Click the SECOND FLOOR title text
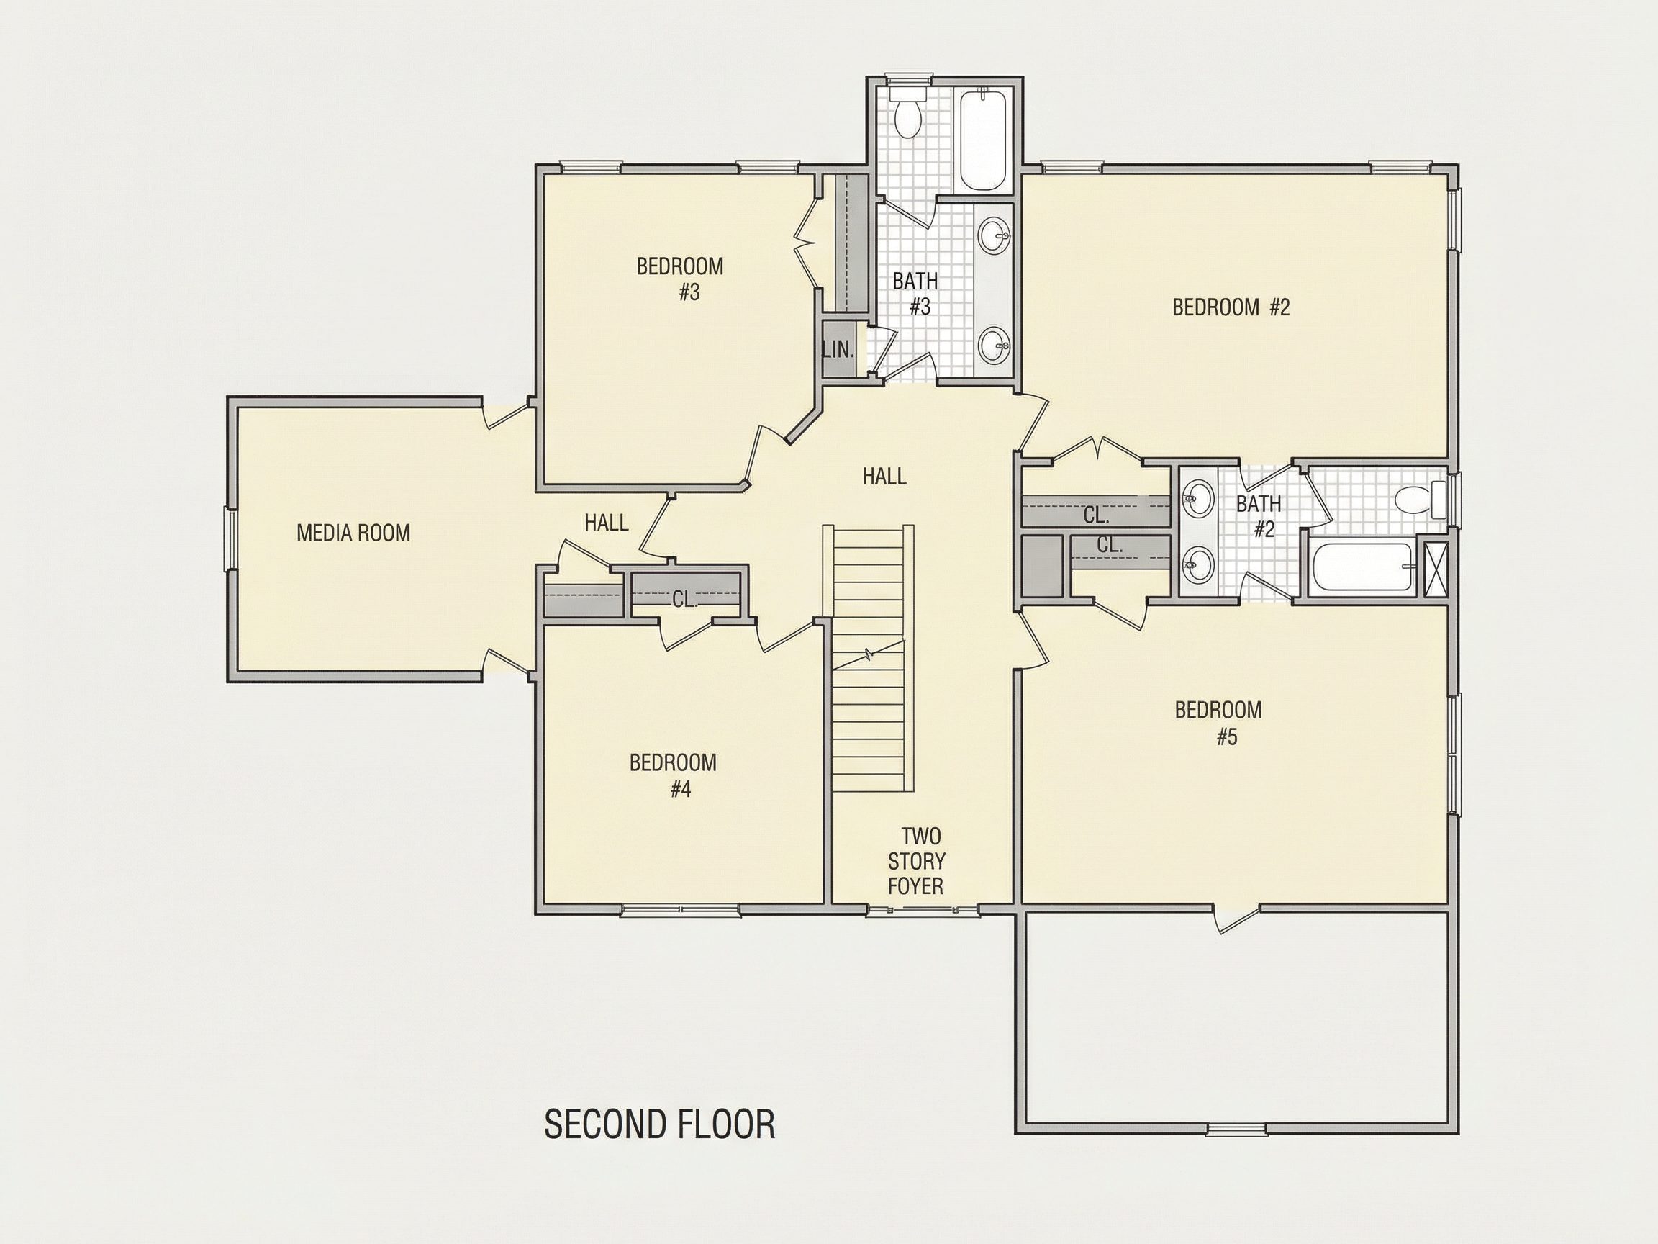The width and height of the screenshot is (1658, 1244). tap(660, 1124)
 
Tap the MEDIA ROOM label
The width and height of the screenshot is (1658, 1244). tap(354, 533)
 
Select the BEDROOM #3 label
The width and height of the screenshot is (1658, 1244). tap(681, 279)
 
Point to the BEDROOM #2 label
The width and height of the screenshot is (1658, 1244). tap(1231, 307)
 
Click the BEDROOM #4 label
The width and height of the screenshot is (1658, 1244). tap(673, 776)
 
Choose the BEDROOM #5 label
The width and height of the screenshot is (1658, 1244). tap(1219, 723)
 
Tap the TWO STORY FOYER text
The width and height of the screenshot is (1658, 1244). tap(915, 861)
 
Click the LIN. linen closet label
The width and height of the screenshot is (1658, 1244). tap(838, 349)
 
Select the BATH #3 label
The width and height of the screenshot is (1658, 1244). tap(916, 294)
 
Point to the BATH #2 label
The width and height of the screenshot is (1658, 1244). tap(1259, 517)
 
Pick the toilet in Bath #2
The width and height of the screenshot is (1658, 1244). tap(1423, 500)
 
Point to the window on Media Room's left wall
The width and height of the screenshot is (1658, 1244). tap(231, 539)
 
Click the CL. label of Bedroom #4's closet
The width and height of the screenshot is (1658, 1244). tap(684, 598)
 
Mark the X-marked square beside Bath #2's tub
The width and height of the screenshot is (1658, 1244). tap(1435, 570)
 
